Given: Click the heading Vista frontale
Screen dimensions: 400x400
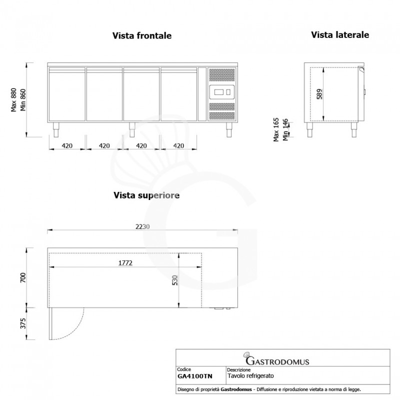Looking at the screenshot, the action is coord(141,36).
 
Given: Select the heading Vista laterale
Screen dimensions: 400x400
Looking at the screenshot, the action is coord(340,35).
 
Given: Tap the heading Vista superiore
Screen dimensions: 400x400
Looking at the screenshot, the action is coord(146,195).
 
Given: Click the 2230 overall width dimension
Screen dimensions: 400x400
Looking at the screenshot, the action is coord(142,226).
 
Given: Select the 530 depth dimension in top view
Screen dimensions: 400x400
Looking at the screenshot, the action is coord(174,280).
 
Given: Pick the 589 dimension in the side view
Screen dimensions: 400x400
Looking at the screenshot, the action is coord(319,93).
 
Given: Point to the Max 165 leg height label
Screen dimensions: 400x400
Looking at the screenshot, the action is coord(276,130).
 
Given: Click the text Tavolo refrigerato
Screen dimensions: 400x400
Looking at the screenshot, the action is coord(250,375).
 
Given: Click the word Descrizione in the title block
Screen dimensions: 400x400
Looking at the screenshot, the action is coord(238,370).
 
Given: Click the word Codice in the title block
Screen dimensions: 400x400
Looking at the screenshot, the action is coord(184,370).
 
